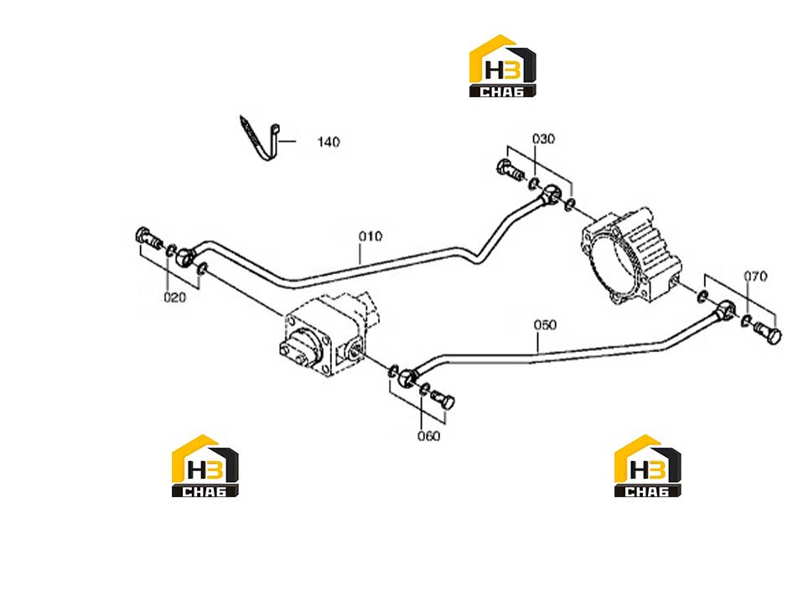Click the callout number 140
[x=329, y=142]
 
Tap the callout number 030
[x=543, y=139]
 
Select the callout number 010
[x=370, y=236]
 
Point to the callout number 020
[x=174, y=297]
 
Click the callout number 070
[x=755, y=277]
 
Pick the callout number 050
[x=545, y=324]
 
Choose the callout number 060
[x=428, y=436]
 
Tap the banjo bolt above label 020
[x=148, y=237]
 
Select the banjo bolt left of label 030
[x=510, y=170]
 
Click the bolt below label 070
[x=767, y=334]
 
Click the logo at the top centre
[x=502, y=65]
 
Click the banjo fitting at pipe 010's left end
[x=185, y=256]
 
